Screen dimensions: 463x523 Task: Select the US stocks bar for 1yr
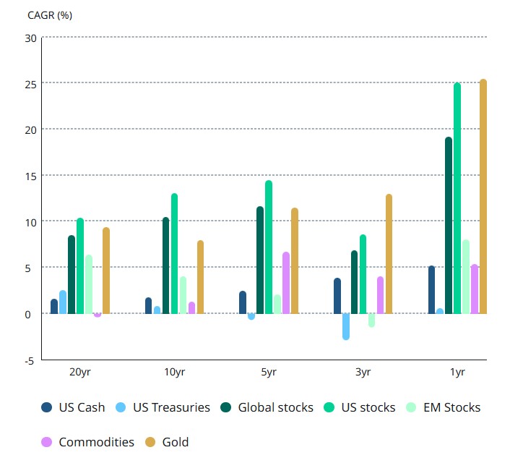(x=457, y=198)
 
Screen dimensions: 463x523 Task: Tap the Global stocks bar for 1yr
(x=449, y=225)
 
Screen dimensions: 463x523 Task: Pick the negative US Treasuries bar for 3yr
(x=346, y=326)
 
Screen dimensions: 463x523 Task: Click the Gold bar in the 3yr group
(x=389, y=254)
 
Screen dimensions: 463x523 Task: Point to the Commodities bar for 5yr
(x=286, y=283)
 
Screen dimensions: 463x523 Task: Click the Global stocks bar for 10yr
(x=165, y=266)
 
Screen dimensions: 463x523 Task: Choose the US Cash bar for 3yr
(x=337, y=296)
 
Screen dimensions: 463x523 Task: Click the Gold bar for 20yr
(x=106, y=271)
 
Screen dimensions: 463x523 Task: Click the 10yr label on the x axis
(x=174, y=372)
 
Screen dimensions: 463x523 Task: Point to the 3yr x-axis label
(x=363, y=372)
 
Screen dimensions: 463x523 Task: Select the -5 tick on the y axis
(x=29, y=360)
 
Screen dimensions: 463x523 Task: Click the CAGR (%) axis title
(x=50, y=14)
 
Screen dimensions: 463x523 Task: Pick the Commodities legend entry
(x=88, y=442)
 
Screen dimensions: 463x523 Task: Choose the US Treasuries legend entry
(x=164, y=407)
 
